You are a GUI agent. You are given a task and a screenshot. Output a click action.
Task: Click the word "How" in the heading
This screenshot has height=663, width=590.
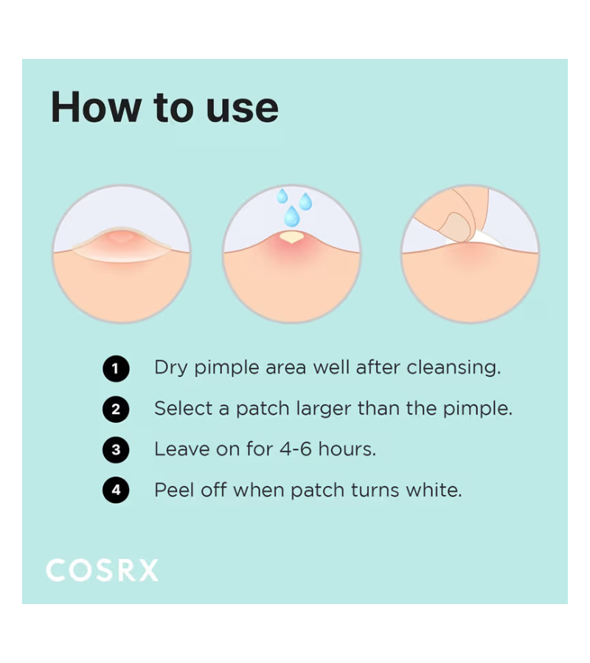pos(96,107)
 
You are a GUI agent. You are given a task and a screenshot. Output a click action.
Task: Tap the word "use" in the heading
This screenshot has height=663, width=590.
pos(242,109)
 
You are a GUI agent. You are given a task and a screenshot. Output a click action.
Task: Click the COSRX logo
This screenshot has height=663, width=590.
pos(102,570)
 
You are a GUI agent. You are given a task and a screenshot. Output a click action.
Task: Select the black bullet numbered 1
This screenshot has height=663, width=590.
pos(116,369)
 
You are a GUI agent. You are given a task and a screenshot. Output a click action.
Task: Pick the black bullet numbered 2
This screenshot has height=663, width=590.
pos(116,410)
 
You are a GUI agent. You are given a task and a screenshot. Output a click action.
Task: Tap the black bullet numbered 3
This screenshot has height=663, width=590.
pos(116,450)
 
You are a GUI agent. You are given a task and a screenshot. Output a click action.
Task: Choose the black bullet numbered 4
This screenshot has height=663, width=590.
pos(116,491)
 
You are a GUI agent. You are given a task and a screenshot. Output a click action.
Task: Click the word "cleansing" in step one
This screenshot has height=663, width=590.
pos(454,368)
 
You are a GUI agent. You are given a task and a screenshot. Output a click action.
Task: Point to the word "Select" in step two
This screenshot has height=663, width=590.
pos(183,408)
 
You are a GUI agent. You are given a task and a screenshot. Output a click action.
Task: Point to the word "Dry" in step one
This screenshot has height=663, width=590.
pos(170,368)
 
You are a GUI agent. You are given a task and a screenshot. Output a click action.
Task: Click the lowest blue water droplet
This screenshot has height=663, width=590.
pos(291,217)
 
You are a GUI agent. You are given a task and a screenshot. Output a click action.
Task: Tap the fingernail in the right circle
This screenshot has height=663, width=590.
pos(456,226)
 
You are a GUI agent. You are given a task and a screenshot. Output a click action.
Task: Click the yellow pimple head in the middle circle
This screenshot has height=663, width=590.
pos(291,236)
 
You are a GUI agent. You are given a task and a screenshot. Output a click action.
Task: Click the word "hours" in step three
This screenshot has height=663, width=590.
pos(347,449)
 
